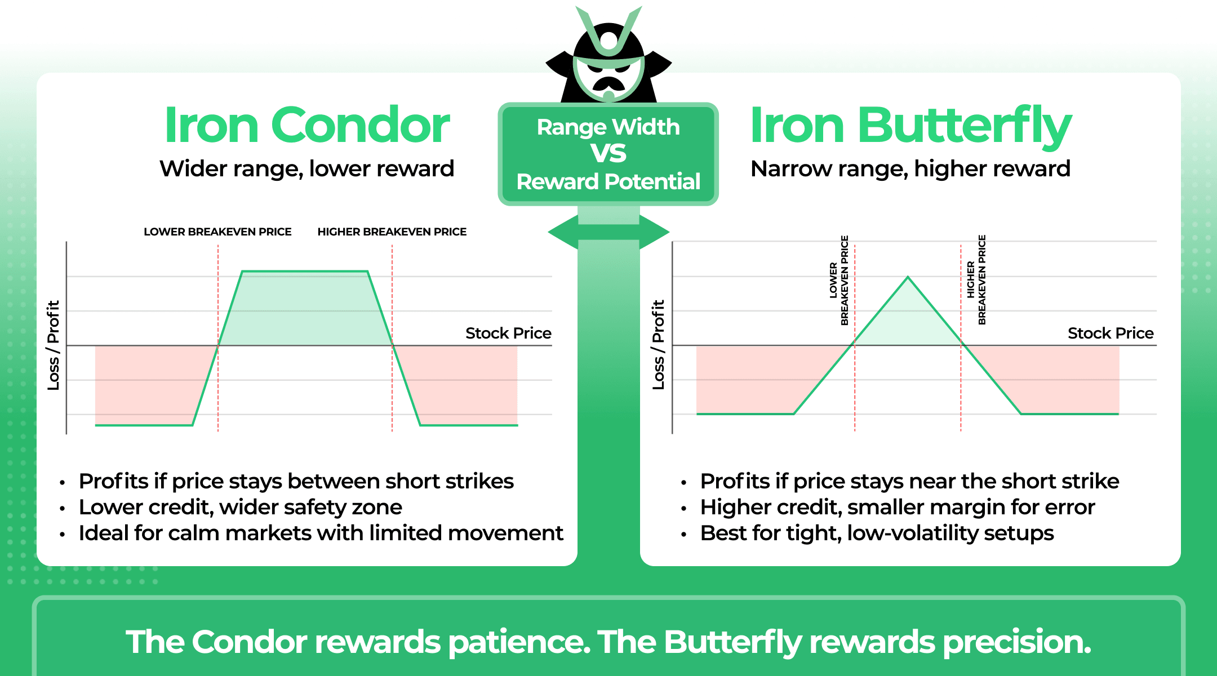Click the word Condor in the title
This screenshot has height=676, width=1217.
coord(361,125)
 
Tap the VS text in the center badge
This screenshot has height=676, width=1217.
coord(608,153)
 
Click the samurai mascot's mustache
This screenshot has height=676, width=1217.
coord(608,83)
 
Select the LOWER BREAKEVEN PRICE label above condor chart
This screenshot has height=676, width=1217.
coord(217,232)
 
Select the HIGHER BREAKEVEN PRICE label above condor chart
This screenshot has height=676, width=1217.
coord(392,232)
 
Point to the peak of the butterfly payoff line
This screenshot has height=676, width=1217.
coord(908,277)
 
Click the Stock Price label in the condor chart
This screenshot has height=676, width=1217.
coord(508,333)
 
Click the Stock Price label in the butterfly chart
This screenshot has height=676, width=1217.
coord(1110,333)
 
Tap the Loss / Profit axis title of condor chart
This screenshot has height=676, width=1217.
coord(53,345)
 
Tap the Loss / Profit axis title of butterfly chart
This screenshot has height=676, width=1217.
coord(658,345)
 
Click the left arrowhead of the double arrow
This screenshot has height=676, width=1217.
coord(561,232)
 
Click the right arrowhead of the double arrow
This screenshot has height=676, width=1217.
coord(656,232)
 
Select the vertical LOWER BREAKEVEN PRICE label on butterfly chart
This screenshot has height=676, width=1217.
coord(838,280)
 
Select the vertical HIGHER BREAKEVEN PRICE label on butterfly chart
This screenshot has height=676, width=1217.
coord(976,280)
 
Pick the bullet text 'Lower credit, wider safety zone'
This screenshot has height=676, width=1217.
coord(241,507)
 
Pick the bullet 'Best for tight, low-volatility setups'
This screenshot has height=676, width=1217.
coord(877,533)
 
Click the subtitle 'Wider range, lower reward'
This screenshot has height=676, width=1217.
coord(307,168)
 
